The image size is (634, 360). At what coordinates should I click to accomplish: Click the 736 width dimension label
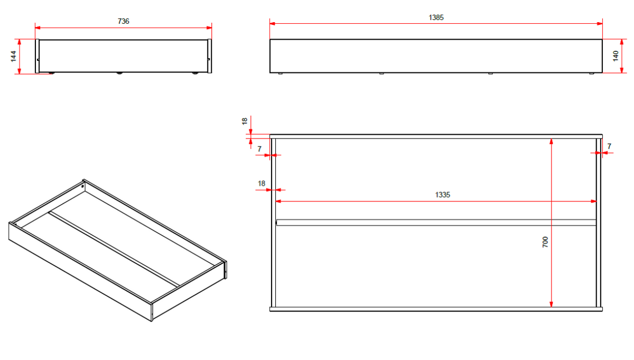(124, 21)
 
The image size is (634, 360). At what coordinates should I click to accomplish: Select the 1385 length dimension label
(436, 17)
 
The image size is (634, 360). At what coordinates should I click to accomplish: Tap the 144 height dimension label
(13, 57)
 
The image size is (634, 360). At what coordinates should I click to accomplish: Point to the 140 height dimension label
(616, 56)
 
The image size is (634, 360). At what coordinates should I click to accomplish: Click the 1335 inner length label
(442, 195)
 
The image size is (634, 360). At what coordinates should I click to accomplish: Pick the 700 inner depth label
(545, 242)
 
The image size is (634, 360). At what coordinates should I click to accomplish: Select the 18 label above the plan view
(245, 121)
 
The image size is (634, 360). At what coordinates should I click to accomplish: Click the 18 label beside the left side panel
(262, 183)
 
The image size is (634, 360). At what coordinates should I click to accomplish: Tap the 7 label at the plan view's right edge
(609, 146)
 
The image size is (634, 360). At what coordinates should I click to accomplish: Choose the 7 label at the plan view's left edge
(259, 149)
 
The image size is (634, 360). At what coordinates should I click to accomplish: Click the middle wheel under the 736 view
(120, 73)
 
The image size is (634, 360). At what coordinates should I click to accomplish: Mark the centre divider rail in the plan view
(436, 223)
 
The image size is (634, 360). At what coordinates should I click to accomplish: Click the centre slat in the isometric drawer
(114, 250)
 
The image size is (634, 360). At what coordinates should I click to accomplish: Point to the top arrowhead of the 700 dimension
(551, 141)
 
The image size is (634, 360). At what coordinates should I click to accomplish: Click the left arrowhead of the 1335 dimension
(278, 201)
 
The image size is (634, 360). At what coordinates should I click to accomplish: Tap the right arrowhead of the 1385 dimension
(600, 23)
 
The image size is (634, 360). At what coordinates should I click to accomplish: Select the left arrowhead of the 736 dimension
(38, 28)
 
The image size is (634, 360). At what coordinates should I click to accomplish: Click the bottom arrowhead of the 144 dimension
(20, 71)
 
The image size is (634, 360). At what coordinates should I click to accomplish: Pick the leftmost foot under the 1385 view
(280, 73)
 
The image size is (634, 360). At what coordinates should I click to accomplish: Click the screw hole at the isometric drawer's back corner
(82, 187)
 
